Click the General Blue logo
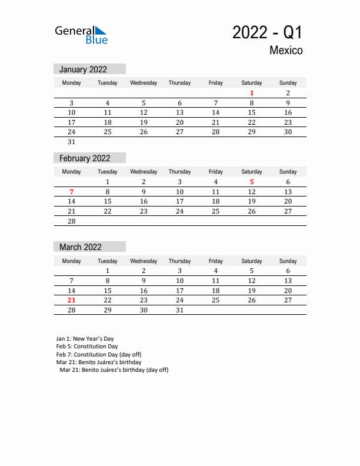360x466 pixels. [81, 35]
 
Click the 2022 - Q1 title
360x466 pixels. [268, 33]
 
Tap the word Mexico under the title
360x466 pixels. [286, 51]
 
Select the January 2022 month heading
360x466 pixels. [83, 69]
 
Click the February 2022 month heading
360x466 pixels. [85, 158]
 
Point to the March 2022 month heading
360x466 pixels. [80, 247]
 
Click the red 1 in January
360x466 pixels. [252, 93]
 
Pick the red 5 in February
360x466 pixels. [252, 182]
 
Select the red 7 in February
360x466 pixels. [72, 192]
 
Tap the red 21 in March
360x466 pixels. [72, 300]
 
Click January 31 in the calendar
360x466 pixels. [72, 142]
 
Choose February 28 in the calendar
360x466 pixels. [72, 221]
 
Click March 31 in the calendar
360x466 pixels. [179, 310]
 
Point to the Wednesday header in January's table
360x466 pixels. [144, 83]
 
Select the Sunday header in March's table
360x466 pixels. [288, 261]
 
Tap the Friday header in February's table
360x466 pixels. [215, 172]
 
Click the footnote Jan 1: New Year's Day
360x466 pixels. [85, 339]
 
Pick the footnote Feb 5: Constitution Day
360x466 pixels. [87, 347]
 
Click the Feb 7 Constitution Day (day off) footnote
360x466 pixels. [99, 354]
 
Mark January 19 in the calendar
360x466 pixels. [144, 122]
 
